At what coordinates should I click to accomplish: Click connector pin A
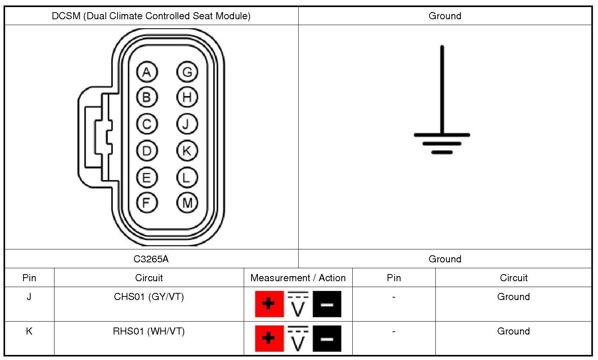coord(147,72)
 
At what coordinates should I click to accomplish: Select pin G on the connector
coord(187,72)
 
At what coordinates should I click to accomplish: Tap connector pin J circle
coord(187,124)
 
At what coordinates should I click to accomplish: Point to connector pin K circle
coord(187,151)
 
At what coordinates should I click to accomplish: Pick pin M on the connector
coord(187,203)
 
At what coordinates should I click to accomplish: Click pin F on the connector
coord(147,203)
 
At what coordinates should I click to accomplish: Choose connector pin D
coord(147,151)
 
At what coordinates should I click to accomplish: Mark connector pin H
coord(187,97)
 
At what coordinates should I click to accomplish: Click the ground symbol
coord(442,118)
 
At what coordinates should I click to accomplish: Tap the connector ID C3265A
coord(151,259)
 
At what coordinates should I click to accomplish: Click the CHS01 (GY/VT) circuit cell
coord(149,297)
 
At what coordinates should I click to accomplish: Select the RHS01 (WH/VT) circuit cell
coord(149,331)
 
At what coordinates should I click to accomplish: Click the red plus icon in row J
coord(269,304)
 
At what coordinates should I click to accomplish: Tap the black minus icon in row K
coord(327,338)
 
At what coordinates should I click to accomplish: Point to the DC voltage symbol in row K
coord(298,338)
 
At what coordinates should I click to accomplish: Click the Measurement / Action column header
coord(298,278)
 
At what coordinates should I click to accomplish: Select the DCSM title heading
coord(151,16)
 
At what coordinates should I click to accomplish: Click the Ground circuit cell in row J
coord(513,297)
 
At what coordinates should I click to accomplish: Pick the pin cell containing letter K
coord(29,331)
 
